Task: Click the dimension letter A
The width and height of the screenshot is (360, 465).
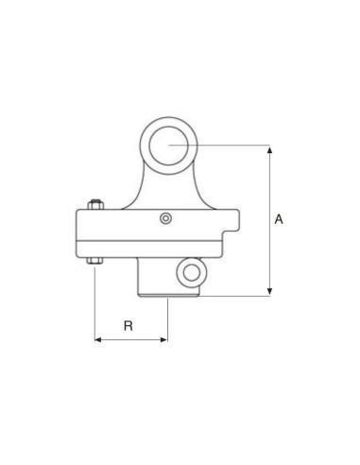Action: pyautogui.click(x=279, y=219)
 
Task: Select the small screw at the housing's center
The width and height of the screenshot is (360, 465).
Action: pyautogui.click(x=166, y=218)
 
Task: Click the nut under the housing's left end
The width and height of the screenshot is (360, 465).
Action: pyautogui.click(x=94, y=260)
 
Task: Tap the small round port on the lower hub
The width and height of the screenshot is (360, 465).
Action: pyautogui.click(x=193, y=274)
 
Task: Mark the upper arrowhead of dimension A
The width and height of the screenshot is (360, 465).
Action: pyautogui.click(x=270, y=149)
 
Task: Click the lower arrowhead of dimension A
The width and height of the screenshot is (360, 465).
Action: pyautogui.click(x=270, y=291)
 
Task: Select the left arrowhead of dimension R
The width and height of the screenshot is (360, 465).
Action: pyautogui.click(x=98, y=339)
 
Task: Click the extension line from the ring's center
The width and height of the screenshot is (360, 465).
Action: pyautogui.click(x=236, y=145)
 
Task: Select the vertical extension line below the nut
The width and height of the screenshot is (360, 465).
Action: pyautogui.click(x=94, y=302)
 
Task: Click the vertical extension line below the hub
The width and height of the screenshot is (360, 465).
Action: pyautogui.click(x=167, y=319)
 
